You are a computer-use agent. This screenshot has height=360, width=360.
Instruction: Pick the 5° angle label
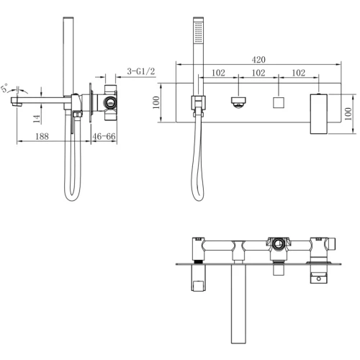[6, 89]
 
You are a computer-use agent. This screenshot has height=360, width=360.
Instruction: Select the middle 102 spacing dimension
[257, 73]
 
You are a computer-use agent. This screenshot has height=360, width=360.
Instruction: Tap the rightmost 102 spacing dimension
[298, 73]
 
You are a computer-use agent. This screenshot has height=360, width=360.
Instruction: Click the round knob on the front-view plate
[238, 102]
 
